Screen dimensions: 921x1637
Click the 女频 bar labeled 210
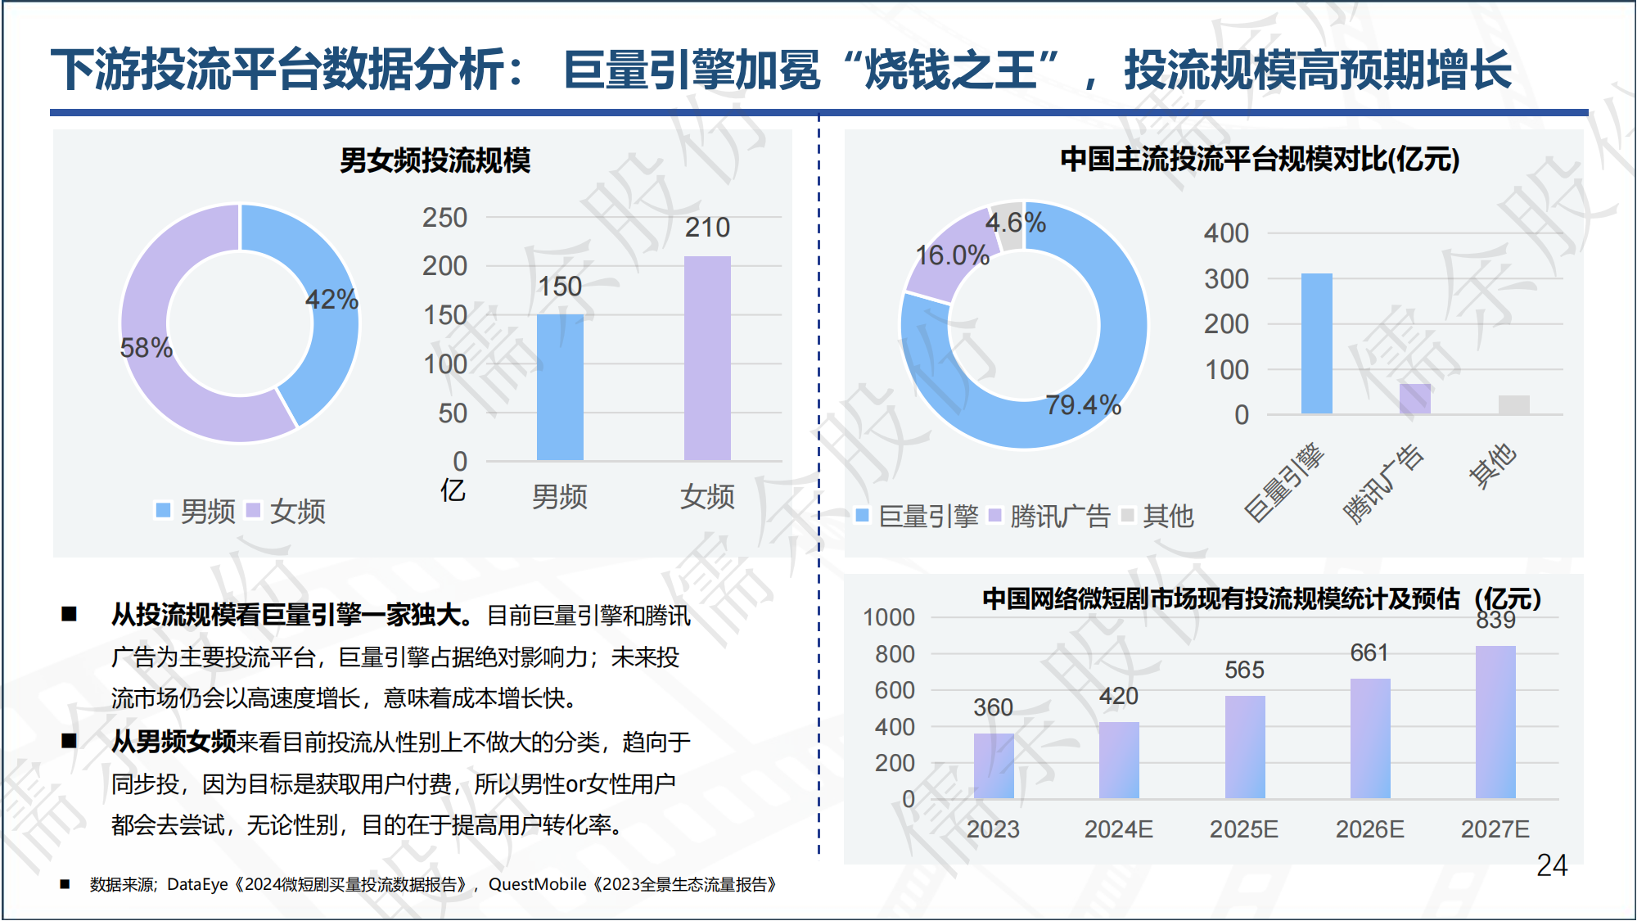coord(707,358)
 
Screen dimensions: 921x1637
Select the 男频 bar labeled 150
coord(560,386)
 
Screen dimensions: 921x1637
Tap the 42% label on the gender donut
coord(331,300)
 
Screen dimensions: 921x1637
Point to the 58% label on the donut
coord(146,348)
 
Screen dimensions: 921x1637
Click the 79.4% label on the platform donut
coord(1083,405)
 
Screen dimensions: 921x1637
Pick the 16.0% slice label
coord(952,255)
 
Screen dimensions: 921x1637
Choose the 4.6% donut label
coord(1015,223)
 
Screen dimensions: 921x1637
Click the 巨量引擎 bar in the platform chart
coord(1316,344)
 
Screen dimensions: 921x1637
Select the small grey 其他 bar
coord(1513,405)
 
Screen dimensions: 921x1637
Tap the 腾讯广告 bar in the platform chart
coord(1415,399)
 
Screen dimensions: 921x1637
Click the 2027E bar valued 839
coord(1495,722)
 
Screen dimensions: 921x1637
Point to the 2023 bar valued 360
coord(993,765)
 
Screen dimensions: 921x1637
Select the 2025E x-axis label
coord(1243,829)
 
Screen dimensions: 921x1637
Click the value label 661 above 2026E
coord(1369,652)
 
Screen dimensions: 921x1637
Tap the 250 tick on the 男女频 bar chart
coord(444,218)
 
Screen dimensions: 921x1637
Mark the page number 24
coord(1551,865)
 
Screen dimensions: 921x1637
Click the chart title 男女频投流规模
coord(435,160)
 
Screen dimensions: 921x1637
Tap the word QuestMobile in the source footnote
coord(537,884)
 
